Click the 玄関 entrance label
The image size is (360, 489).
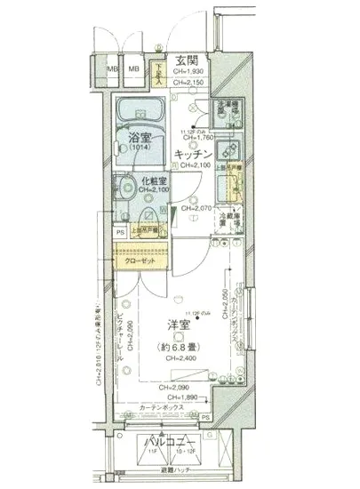[x=187, y=60]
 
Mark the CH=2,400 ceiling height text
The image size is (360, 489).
[x=181, y=358]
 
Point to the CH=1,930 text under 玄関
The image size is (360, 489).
[x=187, y=71]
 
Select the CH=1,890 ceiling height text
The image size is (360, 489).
[x=180, y=398]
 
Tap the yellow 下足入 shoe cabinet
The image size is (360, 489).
[x=160, y=68]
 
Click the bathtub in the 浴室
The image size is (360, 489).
[x=140, y=113]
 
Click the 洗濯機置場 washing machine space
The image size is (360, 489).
[x=227, y=115]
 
